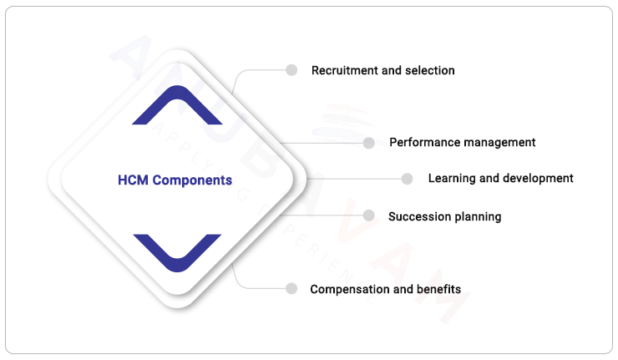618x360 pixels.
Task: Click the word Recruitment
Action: tap(345, 71)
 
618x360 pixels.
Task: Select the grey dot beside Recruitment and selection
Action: tap(291, 70)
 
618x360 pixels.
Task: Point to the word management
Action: tap(500, 143)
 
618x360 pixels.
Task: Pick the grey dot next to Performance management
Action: tap(368, 143)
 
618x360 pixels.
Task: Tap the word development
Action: tap(537, 179)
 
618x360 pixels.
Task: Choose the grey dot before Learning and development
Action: tap(407, 179)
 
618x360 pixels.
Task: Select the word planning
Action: tap(478, 217)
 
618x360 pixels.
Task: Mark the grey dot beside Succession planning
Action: tap(368, 215)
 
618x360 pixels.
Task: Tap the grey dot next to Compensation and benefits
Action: tap(291, 288)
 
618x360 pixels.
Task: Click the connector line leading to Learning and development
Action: tap(351, 179)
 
